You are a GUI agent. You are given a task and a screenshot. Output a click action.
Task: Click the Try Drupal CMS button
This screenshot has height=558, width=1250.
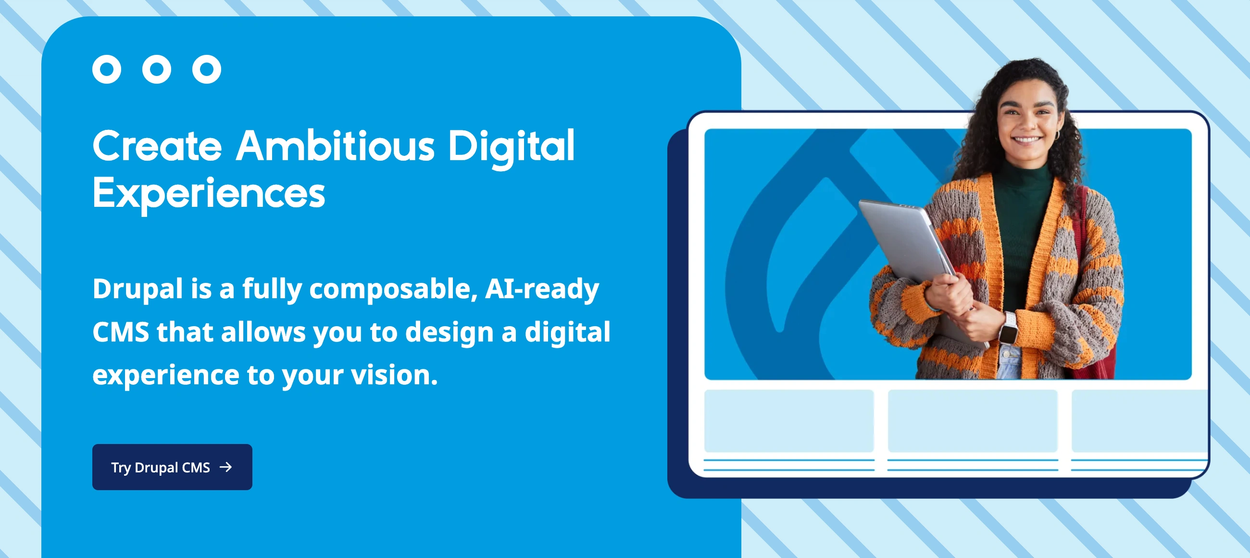172,467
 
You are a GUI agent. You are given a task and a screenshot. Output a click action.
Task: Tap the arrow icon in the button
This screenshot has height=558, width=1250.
225,467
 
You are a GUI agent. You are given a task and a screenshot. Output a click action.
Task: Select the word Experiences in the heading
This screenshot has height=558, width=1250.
209,193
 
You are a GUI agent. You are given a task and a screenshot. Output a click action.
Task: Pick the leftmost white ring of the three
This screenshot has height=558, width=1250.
107,69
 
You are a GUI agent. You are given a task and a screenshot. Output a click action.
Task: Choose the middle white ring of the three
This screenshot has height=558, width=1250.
157,69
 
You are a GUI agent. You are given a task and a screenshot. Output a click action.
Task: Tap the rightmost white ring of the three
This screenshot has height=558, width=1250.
207,69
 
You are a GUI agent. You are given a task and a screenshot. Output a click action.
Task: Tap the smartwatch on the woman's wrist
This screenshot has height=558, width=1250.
1009,330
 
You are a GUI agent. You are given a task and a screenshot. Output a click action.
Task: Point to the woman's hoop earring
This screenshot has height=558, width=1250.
1056,135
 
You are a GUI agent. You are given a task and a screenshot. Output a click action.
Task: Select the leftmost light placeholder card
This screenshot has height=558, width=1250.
789,420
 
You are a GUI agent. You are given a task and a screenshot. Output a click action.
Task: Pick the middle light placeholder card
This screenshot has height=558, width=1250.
973,420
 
